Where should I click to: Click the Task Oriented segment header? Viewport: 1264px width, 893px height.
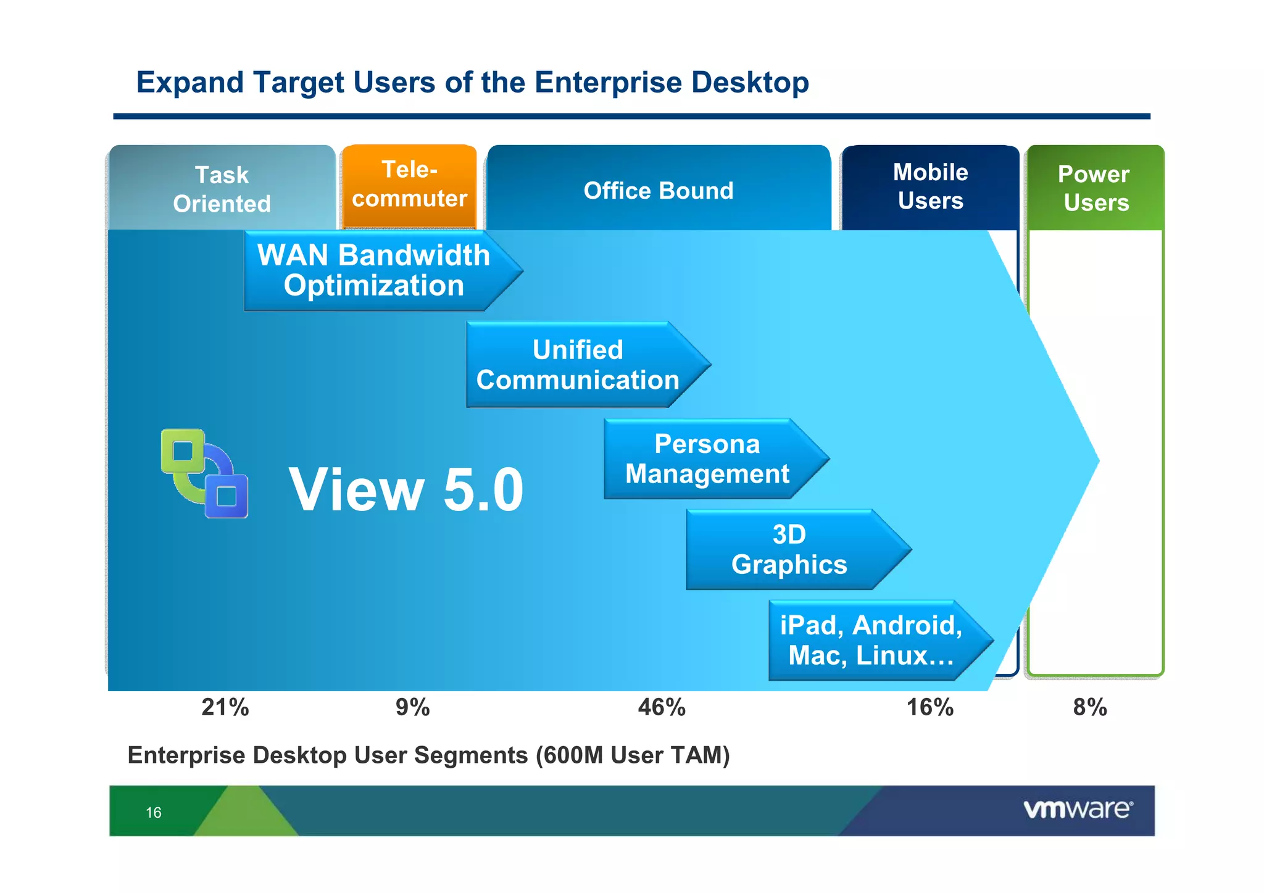222,189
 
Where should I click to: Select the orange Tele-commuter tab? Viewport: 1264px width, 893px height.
409,184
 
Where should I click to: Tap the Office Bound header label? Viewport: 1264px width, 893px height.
659,191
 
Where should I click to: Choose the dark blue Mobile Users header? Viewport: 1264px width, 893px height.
930,186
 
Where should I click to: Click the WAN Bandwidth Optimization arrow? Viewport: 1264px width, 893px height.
373,270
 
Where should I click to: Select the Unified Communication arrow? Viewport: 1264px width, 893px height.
578,365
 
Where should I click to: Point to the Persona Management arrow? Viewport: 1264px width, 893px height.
707,459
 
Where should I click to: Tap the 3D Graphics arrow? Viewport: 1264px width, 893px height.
789,549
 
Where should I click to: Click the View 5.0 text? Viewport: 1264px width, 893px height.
406,489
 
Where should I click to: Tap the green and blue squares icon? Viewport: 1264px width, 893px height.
204,473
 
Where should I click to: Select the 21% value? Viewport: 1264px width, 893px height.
225,707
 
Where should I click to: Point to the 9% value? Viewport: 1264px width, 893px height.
412,707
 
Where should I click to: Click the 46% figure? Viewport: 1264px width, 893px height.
662,707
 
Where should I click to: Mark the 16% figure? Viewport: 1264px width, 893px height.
929,707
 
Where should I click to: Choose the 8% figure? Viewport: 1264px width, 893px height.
1090,707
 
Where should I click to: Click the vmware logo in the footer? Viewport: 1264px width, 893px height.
1078,809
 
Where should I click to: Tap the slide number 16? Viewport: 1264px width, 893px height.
154,812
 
